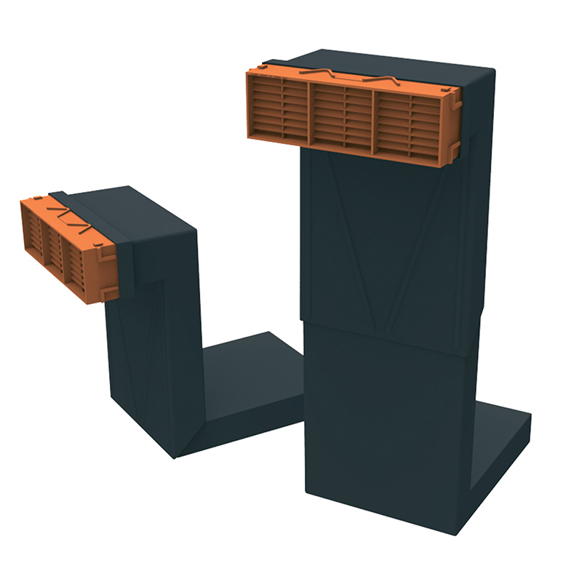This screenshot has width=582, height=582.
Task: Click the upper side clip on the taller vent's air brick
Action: point(456,103)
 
